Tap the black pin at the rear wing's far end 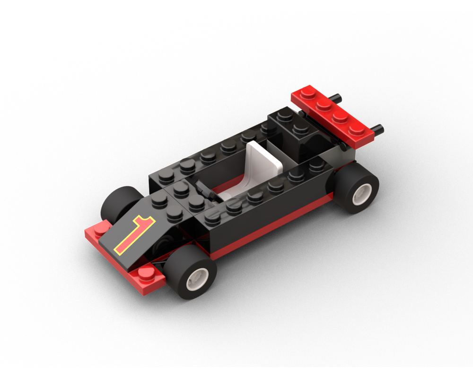tap(340, 97)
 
